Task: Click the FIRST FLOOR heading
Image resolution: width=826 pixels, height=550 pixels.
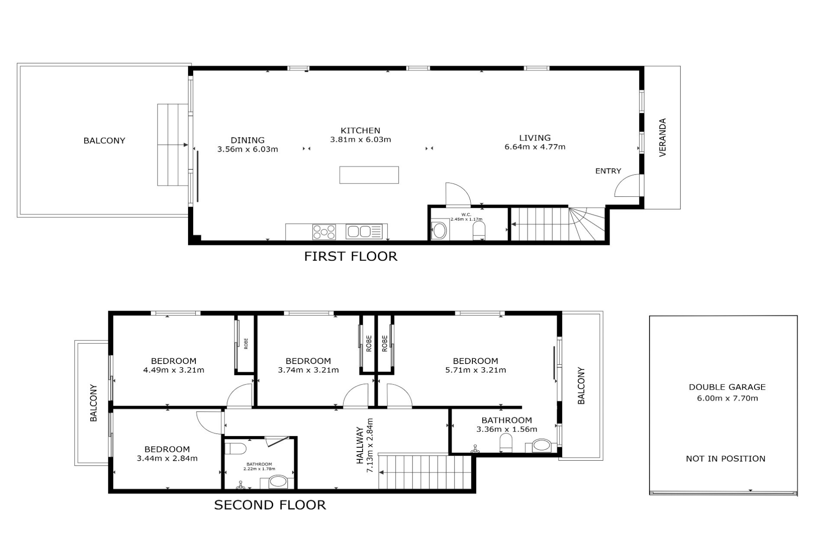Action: tap(351, 257)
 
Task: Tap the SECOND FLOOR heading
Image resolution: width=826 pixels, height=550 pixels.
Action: tap(270, 505)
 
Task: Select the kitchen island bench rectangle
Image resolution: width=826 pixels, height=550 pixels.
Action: tap(369, 175)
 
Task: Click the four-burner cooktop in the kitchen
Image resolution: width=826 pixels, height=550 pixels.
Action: tap(324, 232)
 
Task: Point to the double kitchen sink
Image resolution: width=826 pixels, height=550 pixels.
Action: tap(364, 232)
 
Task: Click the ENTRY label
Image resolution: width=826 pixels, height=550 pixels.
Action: tap(608, 171)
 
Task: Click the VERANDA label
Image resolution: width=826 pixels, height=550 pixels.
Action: tap(663, 137)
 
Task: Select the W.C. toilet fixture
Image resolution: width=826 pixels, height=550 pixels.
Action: tap(479, 231)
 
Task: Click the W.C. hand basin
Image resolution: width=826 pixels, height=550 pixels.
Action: tap(440, 231)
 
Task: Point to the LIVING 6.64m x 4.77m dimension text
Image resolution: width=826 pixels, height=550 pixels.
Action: tap(535, 147)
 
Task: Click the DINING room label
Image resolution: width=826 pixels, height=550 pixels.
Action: tap(247, 140)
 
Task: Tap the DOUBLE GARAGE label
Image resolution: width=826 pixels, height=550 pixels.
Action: tap(727, 387)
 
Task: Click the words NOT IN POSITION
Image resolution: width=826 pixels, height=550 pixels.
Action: tap(726, 459)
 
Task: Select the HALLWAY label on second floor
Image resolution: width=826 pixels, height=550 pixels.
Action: tap(360, 446)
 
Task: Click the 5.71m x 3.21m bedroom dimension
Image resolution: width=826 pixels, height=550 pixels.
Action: tap(475, 370)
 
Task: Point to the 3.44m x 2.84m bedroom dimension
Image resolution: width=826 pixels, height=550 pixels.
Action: tap(167, 458)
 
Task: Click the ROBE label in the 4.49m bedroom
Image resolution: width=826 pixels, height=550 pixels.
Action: tap(246, 344)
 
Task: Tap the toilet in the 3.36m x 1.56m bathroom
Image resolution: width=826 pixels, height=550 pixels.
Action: tap(506, 443)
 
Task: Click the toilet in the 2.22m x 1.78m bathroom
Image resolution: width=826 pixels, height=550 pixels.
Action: tap(235, 449)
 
